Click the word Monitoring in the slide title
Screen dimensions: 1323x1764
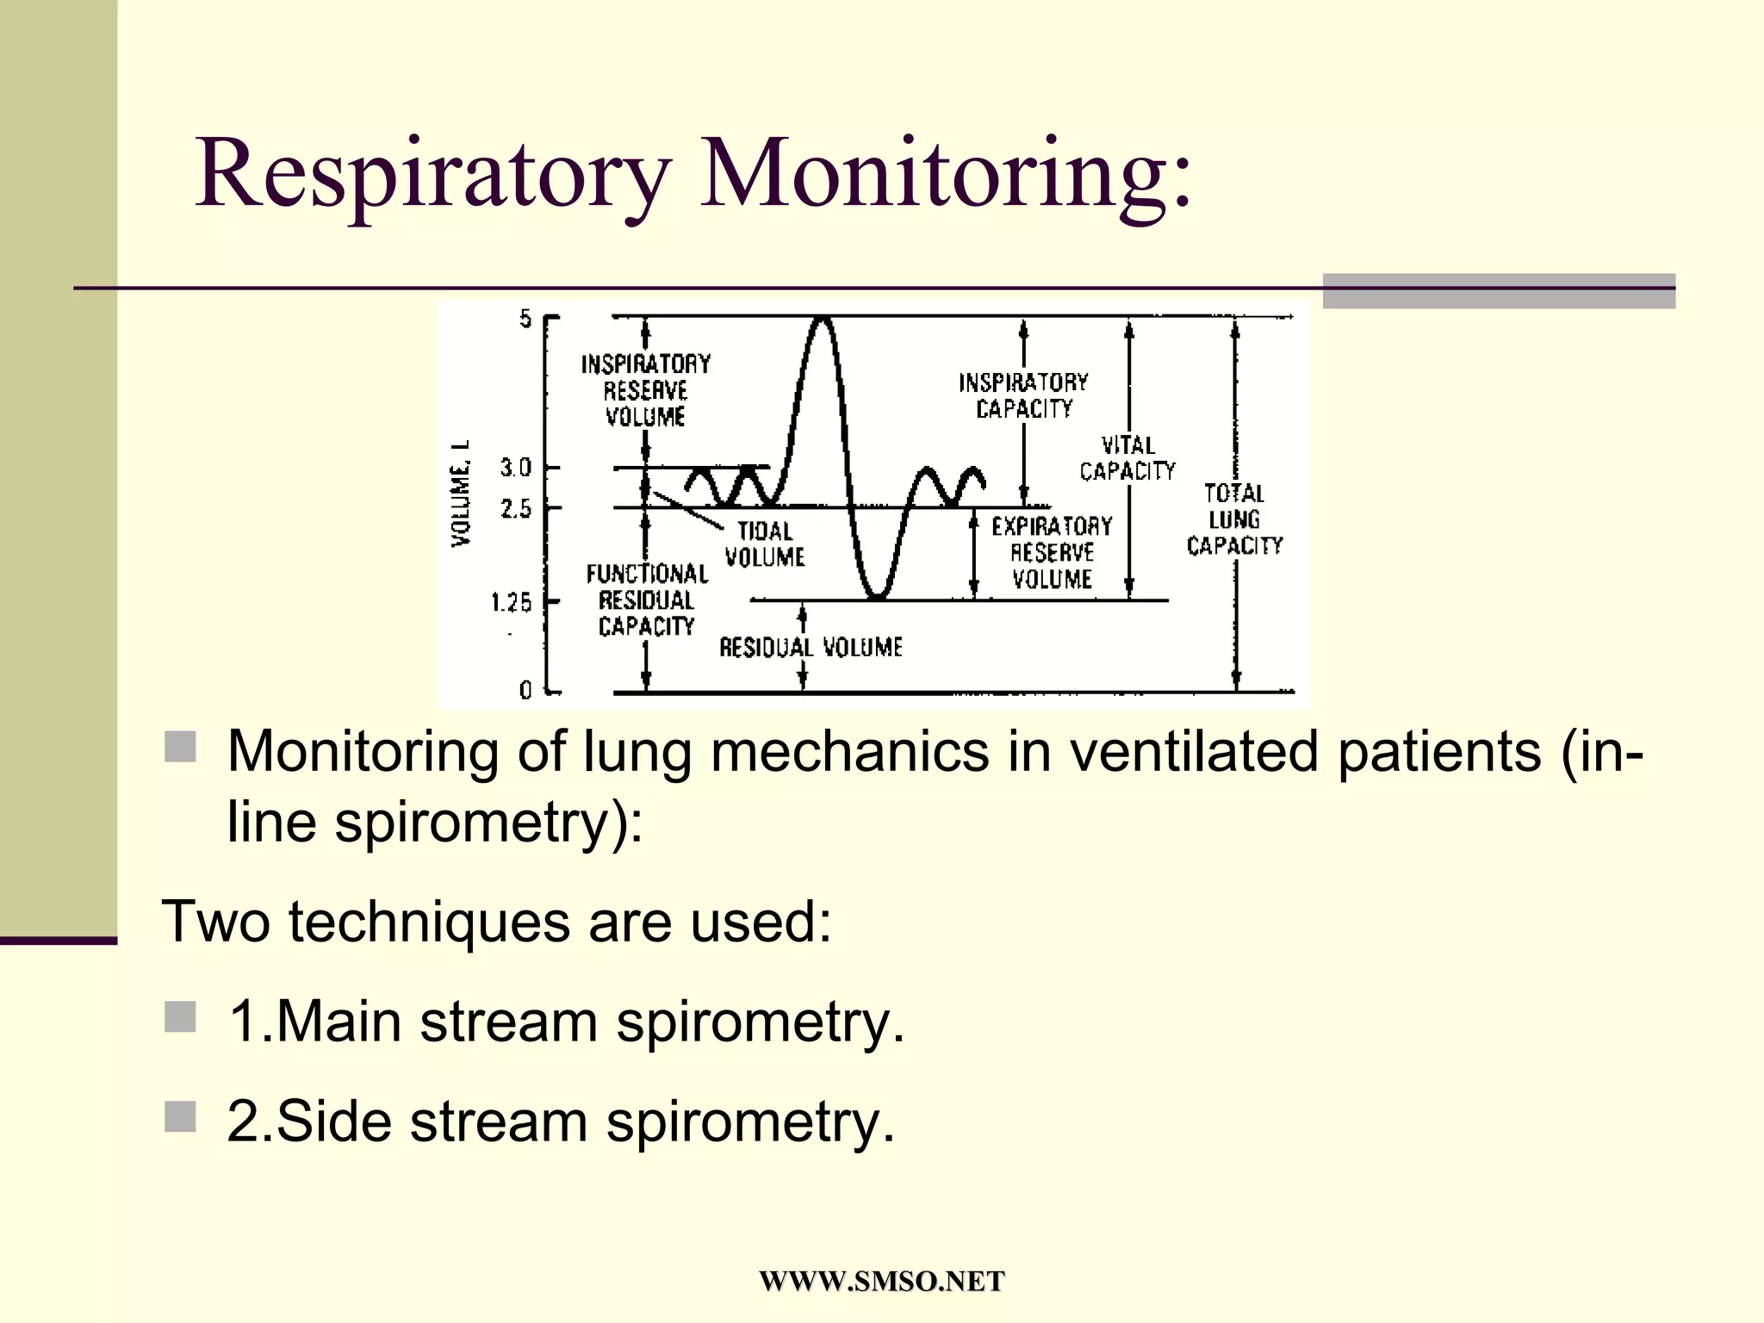tap(946, 174)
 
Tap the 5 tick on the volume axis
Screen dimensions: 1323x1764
tap(525, 320)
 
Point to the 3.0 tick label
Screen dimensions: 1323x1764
tap(516, 468)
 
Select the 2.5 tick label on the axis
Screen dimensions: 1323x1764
tap(516, 509)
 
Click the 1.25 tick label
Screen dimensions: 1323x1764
tap(512, 602)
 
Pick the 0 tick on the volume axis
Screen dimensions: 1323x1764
tap(525, 690)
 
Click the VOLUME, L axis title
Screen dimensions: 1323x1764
tap(462, 493)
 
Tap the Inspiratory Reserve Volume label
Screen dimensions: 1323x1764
tap(646, 390)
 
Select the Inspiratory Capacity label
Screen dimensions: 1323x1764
tap(1023, 395)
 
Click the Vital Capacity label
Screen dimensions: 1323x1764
tap(1127, 458)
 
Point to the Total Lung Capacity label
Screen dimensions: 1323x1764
tap(1234, 519)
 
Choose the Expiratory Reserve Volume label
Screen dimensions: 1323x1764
tap(1052, 552)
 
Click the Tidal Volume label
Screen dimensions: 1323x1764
tap(765, 544)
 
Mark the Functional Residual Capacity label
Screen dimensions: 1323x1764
tap(647, 599)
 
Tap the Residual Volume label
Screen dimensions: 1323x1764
tap(811, 647)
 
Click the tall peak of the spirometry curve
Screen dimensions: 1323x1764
tap(823, 320)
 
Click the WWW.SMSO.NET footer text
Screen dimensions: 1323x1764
tap(881, 1282)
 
